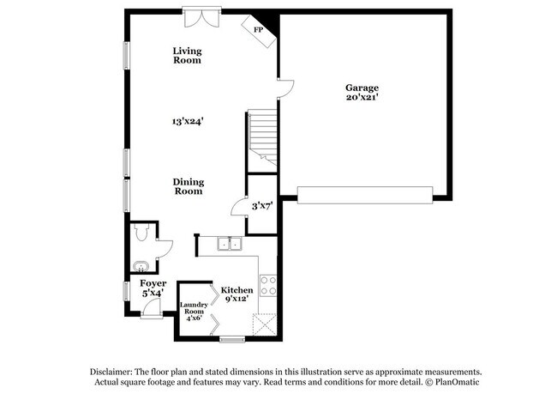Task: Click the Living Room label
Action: (187, 56)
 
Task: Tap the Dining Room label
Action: (188, 185)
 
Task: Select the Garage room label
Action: (362, 88)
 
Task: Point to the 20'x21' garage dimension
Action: (362, 98)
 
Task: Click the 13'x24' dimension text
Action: (187, 122)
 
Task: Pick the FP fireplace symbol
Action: (258, 30)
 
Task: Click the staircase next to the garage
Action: (262, 139)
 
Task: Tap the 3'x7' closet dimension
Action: (261, 206)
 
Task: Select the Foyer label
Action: (153, 283)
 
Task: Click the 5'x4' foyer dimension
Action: (153, 294)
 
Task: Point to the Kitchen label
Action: (237, 290)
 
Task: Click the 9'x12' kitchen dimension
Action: (237, 300)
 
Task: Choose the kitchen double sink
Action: (229, 244)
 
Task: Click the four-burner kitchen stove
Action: (267, 285)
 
